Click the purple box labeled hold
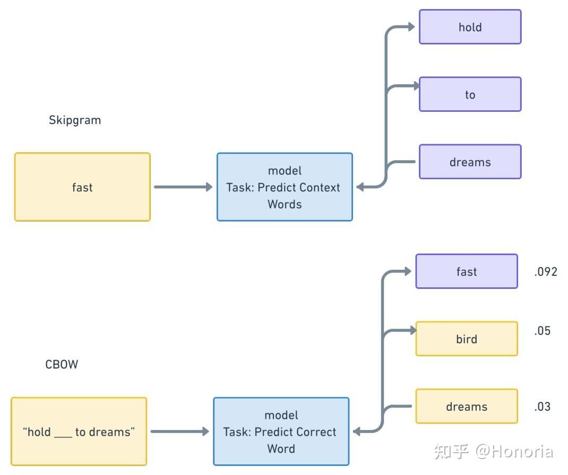[470, 27]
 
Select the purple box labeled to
[470, 94]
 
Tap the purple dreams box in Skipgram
[470, 162]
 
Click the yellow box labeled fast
[82, 187]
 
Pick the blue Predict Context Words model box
[285, 187]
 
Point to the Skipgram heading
[75, 120]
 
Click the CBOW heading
[62, 364]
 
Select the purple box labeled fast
[466, 271]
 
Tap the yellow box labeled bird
[466, 339]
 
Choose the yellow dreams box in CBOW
[466, 407]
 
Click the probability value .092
[546, 272]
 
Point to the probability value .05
[543, 331]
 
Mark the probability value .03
[543, 407]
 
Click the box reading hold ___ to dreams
[79, 432]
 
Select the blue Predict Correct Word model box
[281, 432]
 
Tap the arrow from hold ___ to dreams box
[179, 432]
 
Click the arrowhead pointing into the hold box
[411, 27]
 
